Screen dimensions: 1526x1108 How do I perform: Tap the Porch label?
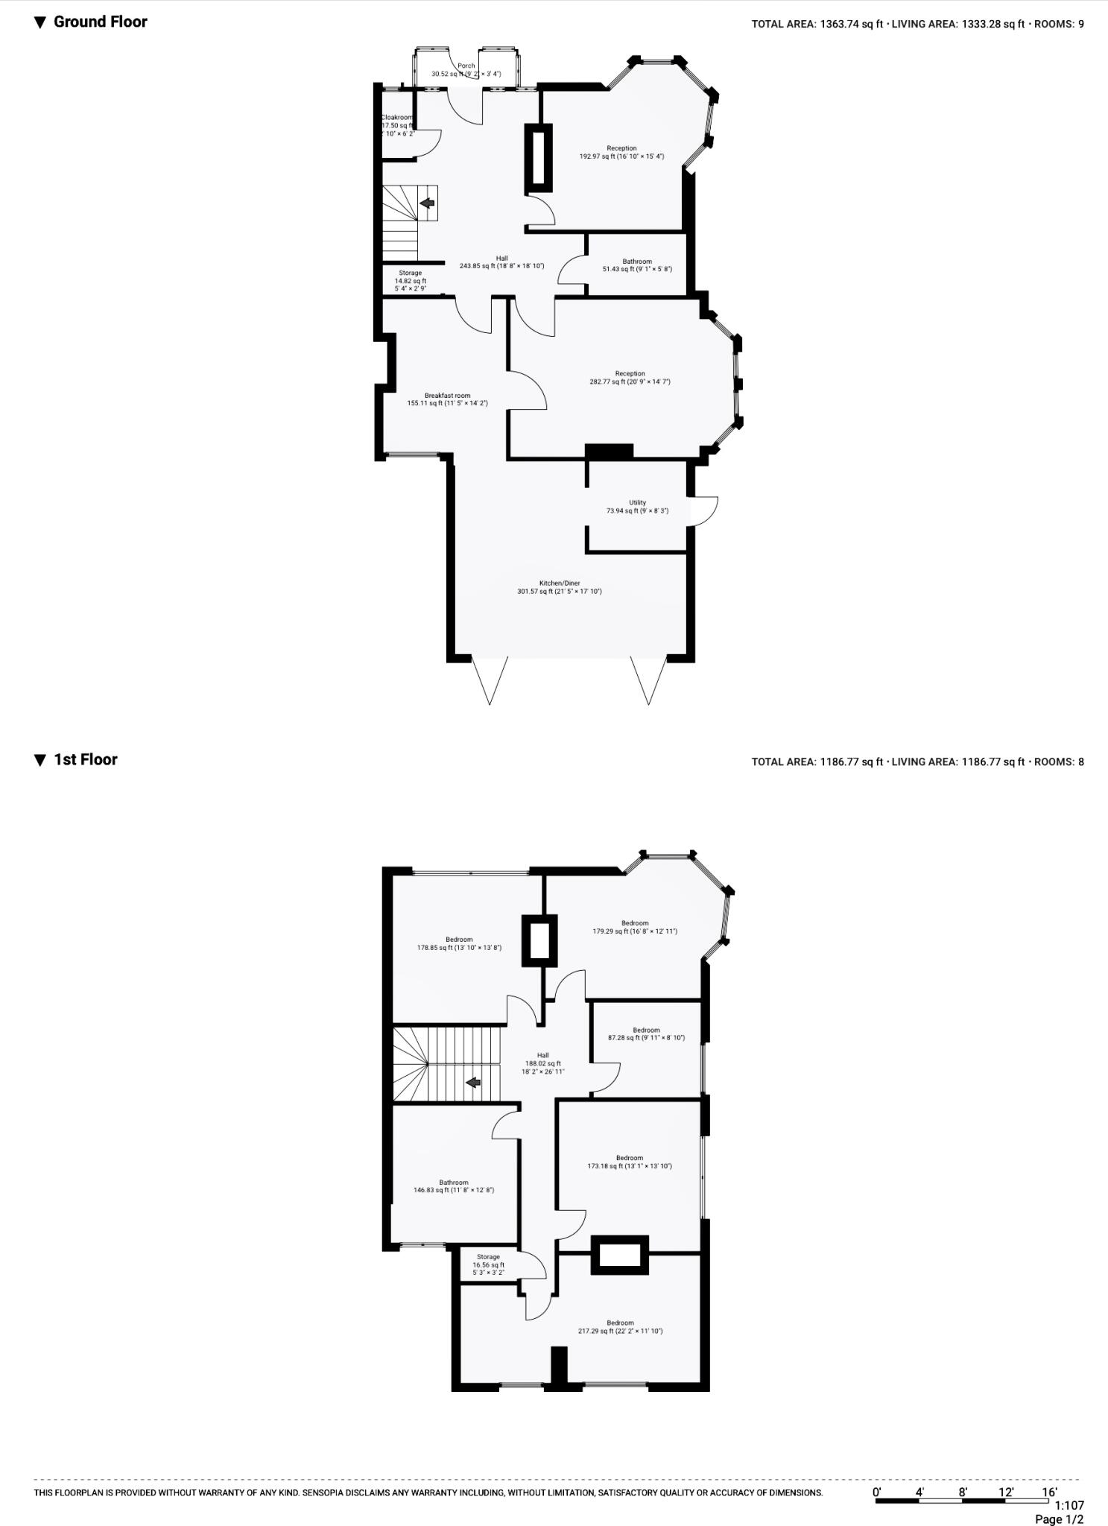pyautogui.click(x=466, y=66)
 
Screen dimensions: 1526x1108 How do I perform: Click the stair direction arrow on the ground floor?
pyautogui.click(x=428, y=203)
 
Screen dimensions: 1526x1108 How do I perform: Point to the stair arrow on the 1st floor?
pyautogui.click(x=472, y=1082)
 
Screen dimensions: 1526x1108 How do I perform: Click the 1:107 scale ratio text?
pyautogui.click(x=1069, y=1505)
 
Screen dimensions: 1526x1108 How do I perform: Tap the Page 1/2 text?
pyautogui.click(x=1059, y=1519)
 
